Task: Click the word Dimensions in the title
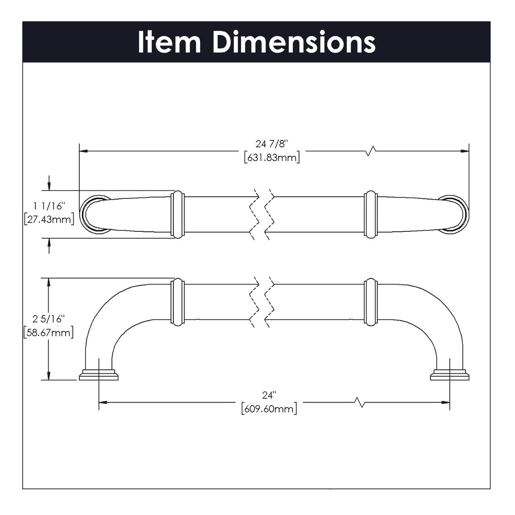click(x=294, y=42)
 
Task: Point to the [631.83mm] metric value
click(x=271, y=158)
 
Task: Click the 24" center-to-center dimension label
click(x=269, y=395)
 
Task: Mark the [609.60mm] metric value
click(x=269, y=408)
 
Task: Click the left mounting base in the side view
click(x=99, y=374)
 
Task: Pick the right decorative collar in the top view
click(x=370, y=215)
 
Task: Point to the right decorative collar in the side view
click(x=370, y=302)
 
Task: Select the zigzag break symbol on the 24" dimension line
click(x=360, y=402)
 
